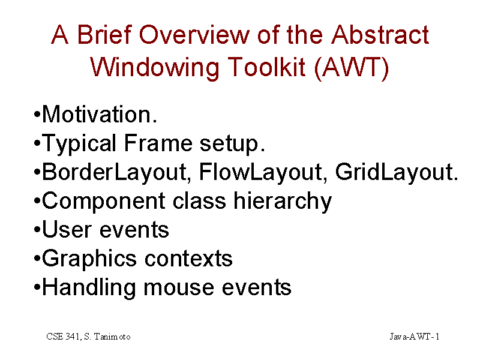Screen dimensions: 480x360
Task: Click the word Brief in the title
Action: pos(104,35)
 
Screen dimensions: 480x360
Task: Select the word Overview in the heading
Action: pos(194,35)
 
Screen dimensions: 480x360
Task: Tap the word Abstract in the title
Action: pos(380,35)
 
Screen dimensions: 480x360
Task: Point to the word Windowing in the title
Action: pos(155,68)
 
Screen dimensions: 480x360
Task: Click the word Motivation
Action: pos(100,114)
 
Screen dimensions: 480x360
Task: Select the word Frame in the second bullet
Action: pos(158,143)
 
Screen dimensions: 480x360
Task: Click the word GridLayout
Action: pos(397,172)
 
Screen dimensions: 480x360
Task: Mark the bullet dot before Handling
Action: pos(37,287)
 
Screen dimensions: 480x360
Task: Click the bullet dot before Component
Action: pos(37,201)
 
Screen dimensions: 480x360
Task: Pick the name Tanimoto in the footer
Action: pos(112,337)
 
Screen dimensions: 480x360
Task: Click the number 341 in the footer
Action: pos(72,337)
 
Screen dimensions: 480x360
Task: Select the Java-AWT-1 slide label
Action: pos(415,337)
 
